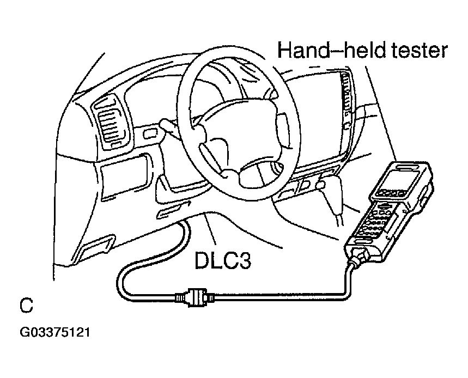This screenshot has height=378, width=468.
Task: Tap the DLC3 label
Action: (x=223, y=260)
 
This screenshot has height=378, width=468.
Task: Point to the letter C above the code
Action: (x=26, y=304)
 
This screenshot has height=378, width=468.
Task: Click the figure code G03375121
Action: (x=55, y=332)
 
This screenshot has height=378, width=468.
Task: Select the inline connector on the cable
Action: (x=195, y=297)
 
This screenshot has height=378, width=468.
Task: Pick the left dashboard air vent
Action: (x=111, y=124)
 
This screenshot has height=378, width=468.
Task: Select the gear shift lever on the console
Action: (x=329, y=197)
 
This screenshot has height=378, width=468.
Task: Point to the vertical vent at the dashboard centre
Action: (x=348, y=99)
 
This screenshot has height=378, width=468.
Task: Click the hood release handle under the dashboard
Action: (x=173, y=210)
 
